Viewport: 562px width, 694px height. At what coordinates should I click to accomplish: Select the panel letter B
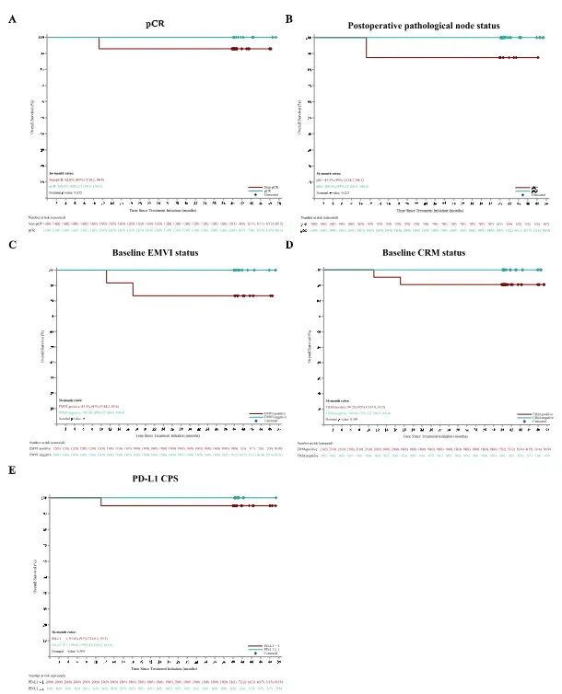pos(288,18)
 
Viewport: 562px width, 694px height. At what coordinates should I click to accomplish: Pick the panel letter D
pos(288,245)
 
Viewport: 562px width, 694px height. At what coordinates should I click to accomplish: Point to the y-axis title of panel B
pos(310,114)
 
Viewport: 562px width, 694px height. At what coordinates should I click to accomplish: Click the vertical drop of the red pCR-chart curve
pos(99,43)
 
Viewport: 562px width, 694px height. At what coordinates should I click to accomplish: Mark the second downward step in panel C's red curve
pos(133,289)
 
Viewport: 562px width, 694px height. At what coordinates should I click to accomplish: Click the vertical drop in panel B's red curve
pos(366,48)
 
